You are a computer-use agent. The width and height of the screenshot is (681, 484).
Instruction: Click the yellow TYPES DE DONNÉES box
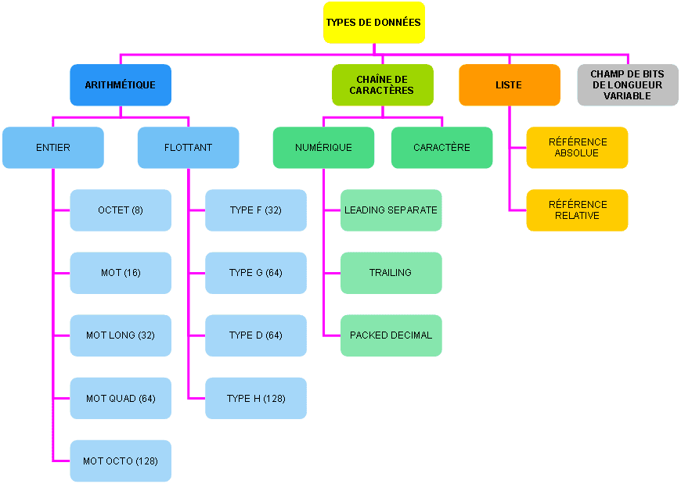coord(373,23)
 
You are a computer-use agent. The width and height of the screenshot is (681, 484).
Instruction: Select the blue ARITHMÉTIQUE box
coord(121,85)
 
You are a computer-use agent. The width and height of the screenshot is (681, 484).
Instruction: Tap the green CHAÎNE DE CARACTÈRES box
coord(382,85)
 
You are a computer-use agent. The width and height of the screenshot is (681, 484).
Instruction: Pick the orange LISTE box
coord(509,85)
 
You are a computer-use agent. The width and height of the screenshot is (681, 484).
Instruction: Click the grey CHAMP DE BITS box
coord(627,85)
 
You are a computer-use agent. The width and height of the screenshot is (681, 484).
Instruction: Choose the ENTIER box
coord(53,148)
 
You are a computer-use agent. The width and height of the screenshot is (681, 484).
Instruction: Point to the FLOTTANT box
coord(188,148)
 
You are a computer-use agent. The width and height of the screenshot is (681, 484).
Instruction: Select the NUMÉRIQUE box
coord(323,148)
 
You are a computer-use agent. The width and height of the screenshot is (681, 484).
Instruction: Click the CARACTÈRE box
coord(441,148)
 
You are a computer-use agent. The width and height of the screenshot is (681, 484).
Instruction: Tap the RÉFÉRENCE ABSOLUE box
coord(577,148)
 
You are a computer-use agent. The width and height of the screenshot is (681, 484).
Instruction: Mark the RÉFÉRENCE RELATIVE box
coord(577,210)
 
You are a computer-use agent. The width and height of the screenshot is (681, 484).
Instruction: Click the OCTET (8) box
coord(121,210)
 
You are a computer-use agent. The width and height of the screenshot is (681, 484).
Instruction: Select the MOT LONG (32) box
coord(121,335)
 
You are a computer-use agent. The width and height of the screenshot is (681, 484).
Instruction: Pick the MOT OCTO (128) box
coord(121,461)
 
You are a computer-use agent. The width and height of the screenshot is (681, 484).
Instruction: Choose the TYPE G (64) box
coord(256,273)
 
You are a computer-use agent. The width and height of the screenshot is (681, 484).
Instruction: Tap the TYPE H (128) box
coord(256,398)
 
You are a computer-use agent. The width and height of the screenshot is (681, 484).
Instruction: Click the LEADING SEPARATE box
coord(391,210)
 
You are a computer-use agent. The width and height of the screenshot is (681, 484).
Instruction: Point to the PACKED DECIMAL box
coord(391,335)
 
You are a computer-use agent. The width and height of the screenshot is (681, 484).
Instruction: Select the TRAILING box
coord(391,273)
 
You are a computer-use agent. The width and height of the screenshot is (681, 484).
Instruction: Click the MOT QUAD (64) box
coord(121,398)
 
